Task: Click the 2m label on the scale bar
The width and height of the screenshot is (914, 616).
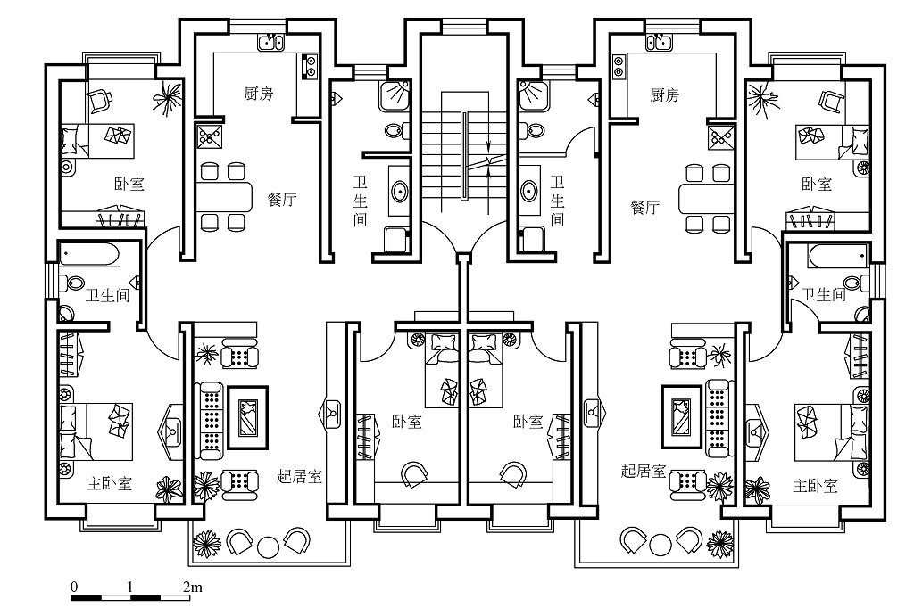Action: point(191,587)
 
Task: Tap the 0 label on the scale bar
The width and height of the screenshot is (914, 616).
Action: point(74,587)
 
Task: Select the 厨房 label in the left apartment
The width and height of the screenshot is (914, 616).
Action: point(259,94)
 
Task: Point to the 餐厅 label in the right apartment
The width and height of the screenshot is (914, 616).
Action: point(645,208)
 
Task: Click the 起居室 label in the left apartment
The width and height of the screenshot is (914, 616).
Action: point(299,475)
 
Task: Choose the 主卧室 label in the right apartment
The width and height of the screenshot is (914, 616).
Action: point(815,486)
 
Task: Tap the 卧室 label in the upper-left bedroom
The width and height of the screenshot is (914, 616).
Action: point(129,185)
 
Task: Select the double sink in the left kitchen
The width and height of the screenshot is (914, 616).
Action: point(270,41)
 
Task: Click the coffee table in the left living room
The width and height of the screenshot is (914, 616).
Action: point(247,416)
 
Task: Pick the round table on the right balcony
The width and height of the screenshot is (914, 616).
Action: point(661,543)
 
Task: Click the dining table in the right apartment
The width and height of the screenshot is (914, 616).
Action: point(704,195)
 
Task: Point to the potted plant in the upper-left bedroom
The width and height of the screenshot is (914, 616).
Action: point(165,100)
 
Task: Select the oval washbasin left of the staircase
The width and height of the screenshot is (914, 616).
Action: point(400,191)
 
